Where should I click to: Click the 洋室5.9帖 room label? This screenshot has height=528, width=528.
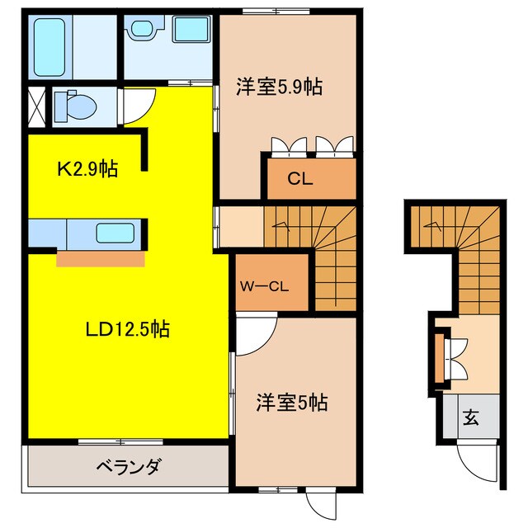pyautogui.click(x=279, y=88)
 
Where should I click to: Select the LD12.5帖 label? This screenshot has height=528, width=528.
pyautogui.click(x=128, y=330)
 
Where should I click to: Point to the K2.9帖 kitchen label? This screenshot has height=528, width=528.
pyautogui.click(x=87, y=170)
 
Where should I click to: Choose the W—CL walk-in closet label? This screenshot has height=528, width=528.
pyautogui.click(x=262, y=287)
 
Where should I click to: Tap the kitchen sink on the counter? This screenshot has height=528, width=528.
pyautogui.click(x=114, y=233)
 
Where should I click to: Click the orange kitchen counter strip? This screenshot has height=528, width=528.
pyautogui.click(x=100, y=259)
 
